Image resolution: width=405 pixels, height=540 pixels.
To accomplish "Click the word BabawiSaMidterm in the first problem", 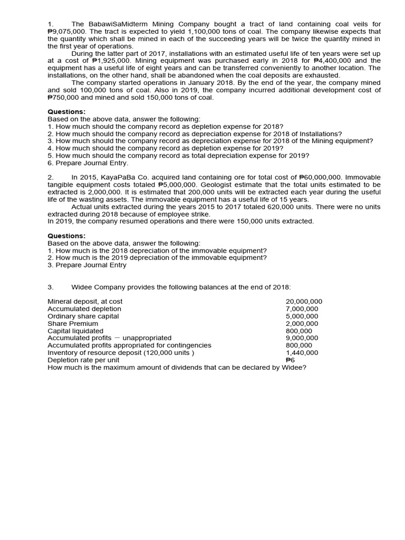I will [x=117, y=24].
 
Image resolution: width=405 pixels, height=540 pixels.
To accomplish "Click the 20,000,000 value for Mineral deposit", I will [x=304, y=302].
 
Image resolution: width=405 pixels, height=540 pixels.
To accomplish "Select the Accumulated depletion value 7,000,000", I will [x=302, y=309].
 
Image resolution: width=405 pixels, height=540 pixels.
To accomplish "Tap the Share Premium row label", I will [x=73, y=323].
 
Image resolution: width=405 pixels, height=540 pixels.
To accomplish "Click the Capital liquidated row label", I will [x=75, y=331].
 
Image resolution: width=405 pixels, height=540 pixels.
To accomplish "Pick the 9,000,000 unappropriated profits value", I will [x=302, y=338].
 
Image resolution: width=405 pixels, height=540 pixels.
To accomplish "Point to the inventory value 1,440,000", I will [x=302, y=353].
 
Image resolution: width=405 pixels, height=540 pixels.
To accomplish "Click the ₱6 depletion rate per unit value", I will [x=290, y=360].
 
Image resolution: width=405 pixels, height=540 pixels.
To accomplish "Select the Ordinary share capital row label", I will [x=83, y=316].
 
